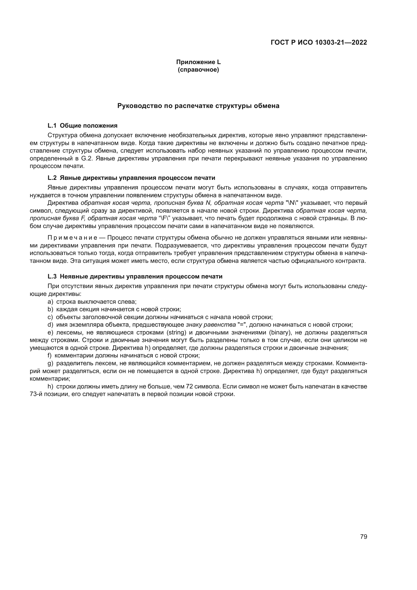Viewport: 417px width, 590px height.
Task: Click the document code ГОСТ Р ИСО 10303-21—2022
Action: coord(319,42)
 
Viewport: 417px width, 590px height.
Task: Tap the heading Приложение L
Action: coord(198,62)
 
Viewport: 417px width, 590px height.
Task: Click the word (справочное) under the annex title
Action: coord(198,70)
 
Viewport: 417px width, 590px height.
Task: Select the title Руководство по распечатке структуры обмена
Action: coord(198,106)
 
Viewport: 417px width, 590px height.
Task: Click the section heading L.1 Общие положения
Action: coord(82,126)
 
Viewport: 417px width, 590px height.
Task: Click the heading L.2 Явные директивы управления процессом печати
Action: coord(131,178)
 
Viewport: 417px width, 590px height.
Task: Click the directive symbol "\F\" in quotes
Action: coord(165,218)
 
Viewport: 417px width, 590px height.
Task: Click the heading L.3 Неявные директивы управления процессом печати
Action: coord(135,276)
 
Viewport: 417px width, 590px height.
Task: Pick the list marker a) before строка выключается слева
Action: coord(50,302)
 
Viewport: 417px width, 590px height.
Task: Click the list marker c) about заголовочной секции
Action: coord(50,317)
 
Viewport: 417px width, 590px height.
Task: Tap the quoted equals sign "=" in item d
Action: coord(241,325)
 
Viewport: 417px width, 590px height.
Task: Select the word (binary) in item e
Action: coord(280,332)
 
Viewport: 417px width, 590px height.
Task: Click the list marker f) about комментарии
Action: coord(50,356)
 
